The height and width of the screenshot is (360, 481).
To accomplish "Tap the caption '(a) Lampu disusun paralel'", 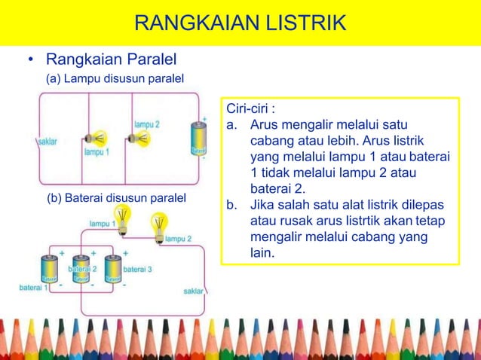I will coord(115,78).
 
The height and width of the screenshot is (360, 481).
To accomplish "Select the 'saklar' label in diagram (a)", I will coord(47,140).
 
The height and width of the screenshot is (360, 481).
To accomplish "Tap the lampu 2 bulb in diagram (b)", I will coord(158,224).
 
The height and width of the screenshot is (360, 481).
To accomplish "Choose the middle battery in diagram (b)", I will coord(82,269).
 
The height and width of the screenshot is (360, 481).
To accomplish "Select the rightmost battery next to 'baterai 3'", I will coord(112,269).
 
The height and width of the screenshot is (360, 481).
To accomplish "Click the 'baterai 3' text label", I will coord(137,268).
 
